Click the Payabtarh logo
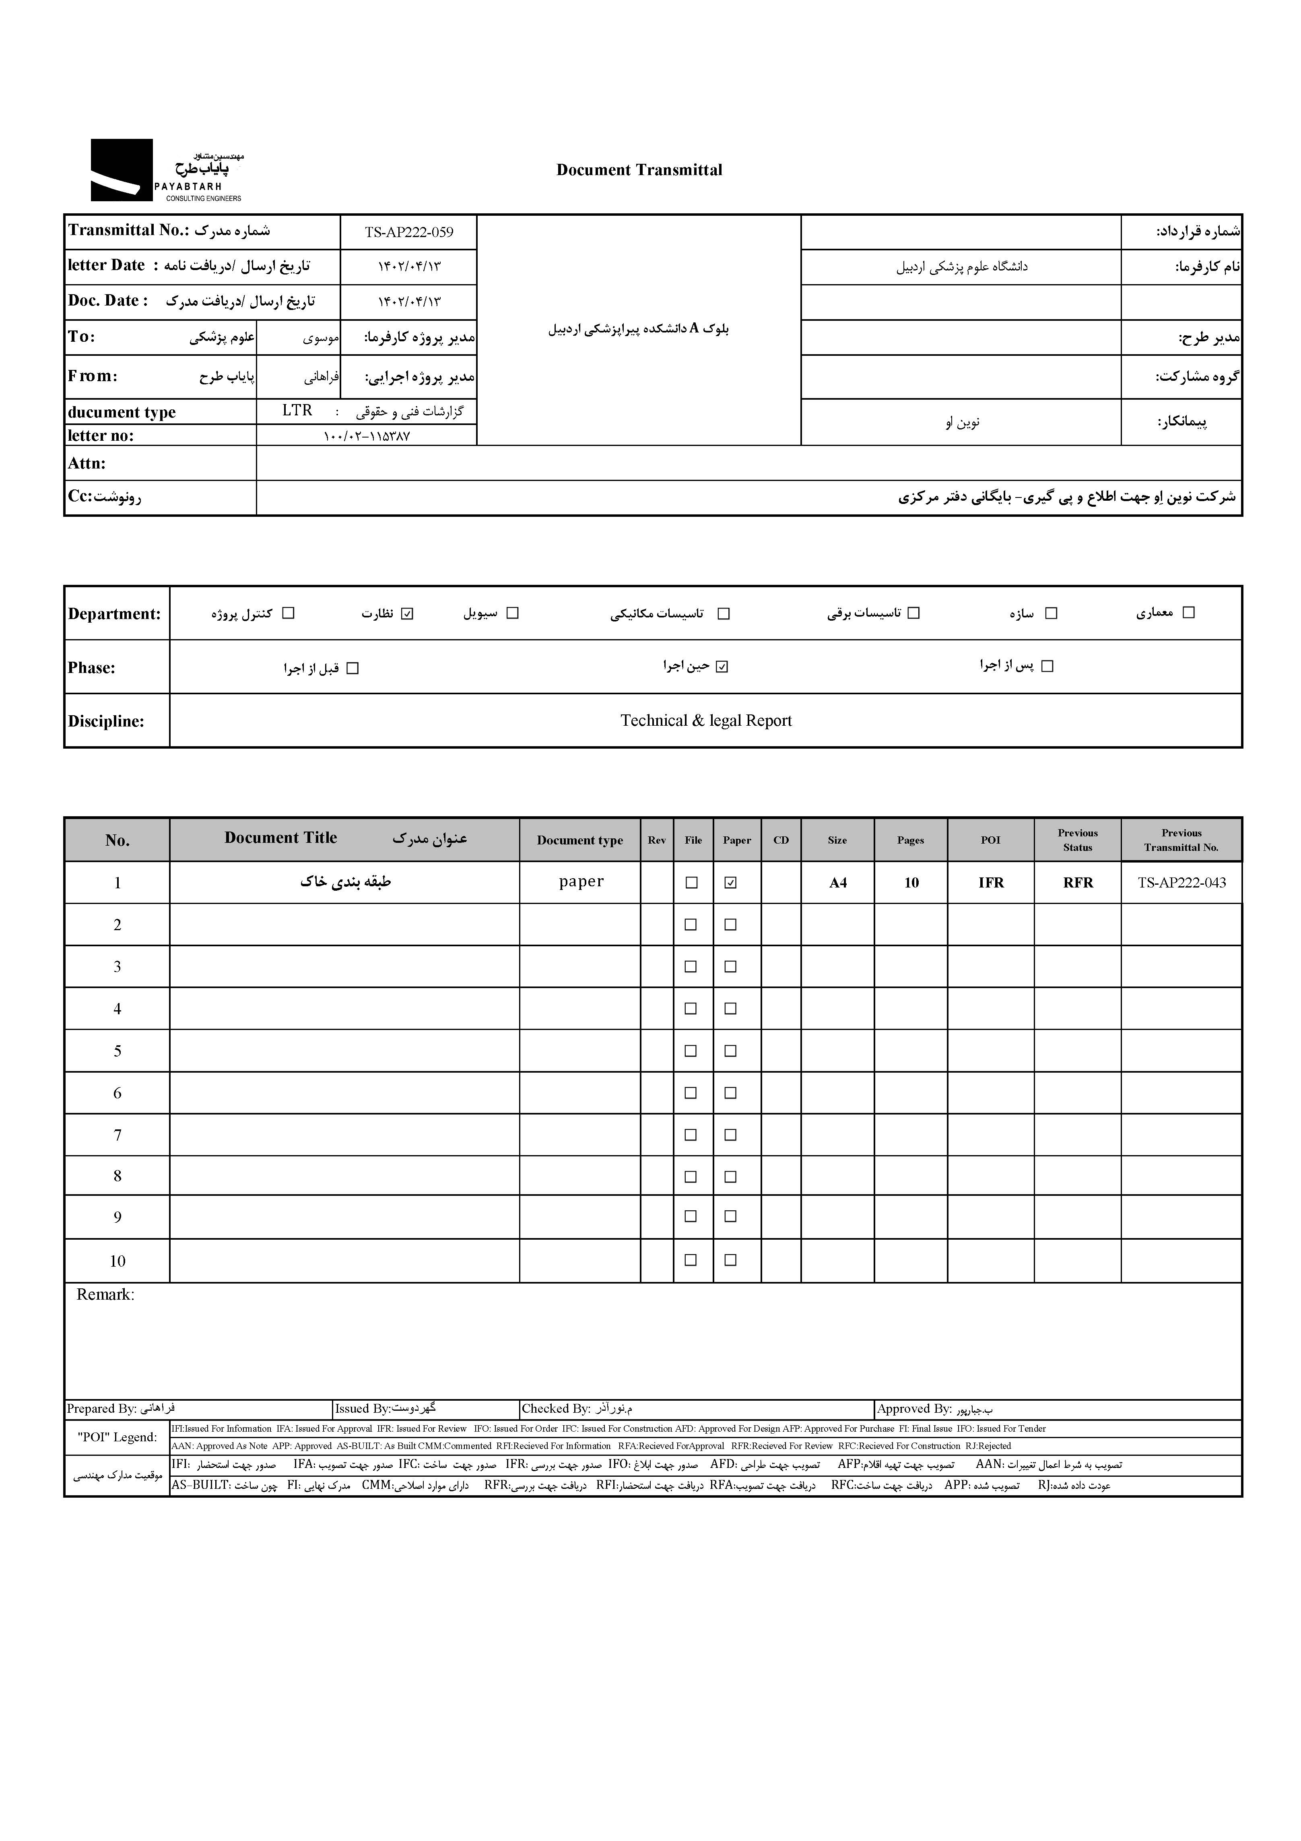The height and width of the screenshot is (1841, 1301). pyautogui.click(x=166, y=170)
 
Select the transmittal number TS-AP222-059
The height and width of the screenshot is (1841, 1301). pyautogui.click(x=409, y=233)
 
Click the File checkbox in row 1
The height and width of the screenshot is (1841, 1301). pyautogui.click(x=690, y=883)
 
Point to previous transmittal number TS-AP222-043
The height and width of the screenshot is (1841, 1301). pyautogui.click(x=1181, y=883)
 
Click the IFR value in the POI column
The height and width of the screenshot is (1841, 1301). pyautogui.click(x=991, y=883)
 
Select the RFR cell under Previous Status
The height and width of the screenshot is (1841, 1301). pyautogui.click(x=1077, y=883)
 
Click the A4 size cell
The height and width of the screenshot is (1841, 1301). pyautogui.click(x=838, y=883)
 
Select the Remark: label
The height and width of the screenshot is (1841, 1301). pyautogui.click(x=105, y=1295)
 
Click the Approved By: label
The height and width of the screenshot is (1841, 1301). pyautogui.click(x=914, y=1409)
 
